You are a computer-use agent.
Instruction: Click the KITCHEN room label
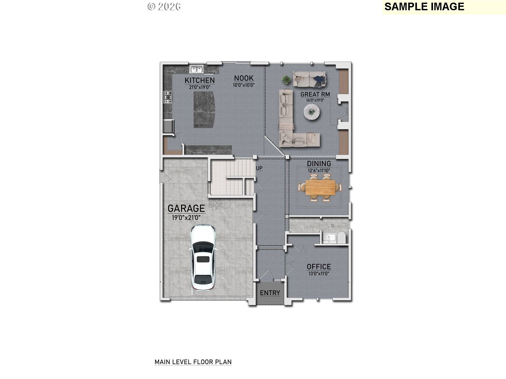click(x=200, y=80)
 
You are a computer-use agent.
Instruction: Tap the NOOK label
click(x=244, y=78)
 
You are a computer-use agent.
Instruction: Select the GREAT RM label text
click(x=315, y=94)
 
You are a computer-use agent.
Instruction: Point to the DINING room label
click(x=319, y=163)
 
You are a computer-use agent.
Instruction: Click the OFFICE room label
click(x=319, y=267)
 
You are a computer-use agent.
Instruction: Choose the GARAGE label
click(x=186, y=208)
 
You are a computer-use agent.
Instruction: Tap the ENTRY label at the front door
click(x=270, y=293)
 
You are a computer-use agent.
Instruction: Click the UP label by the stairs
click(x=259, y=168)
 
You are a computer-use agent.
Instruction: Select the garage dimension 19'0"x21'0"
click(x=186, y=218)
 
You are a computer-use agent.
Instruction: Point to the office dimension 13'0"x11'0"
click(x=319, y=273)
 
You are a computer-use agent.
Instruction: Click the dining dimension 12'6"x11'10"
click(x=319, y=170)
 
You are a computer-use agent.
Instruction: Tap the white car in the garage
click(x=203, y=257)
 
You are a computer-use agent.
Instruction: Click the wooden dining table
click(x=320, y=188)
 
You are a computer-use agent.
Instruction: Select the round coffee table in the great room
click(x=312, y=112)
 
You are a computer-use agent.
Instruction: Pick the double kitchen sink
click(x=197, y=69)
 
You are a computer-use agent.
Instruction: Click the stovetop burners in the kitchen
click(x=168, y=97)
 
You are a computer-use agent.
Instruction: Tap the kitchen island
click(x=204, y=109)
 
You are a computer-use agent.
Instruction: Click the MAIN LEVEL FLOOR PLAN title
click(x=193, y=362)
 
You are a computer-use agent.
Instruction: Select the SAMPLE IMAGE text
click(x=424, y=7)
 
